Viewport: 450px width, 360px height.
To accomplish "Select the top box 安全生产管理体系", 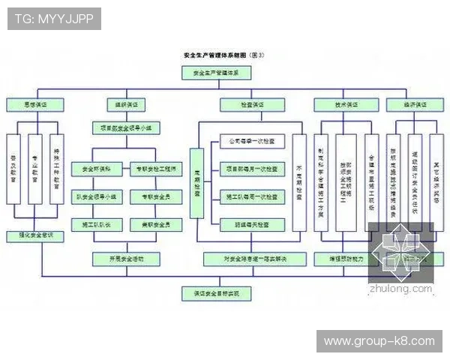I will pyautogui.click(x=216, y=73).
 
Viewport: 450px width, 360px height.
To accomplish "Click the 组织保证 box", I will pyautogui.click(x=124, y=105).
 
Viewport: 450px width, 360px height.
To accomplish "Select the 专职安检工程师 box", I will pyautogui.click(x=155, y=169).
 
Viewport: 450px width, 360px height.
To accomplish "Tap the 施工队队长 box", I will pyautogui.click(x=96, y=224).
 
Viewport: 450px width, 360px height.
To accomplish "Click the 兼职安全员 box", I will pyautogui.click(x=155, y=224).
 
